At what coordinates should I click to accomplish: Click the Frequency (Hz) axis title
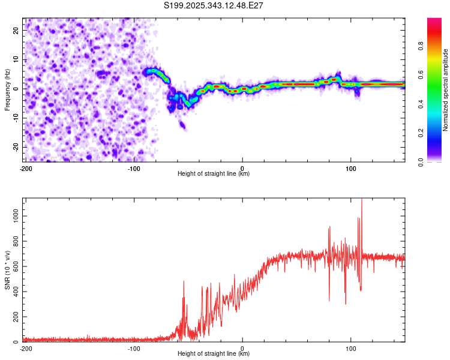tap(7, 89)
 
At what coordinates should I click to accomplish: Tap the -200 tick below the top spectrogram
tap(26, 167)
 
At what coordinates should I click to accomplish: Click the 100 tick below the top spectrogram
tap(351, 167)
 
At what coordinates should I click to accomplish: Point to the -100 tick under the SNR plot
tap(134, 347)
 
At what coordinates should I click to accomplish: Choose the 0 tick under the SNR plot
tap(242, 347)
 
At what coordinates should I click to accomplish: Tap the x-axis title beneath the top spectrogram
tap(214, 174)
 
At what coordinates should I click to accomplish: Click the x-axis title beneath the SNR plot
tap(214, 354)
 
